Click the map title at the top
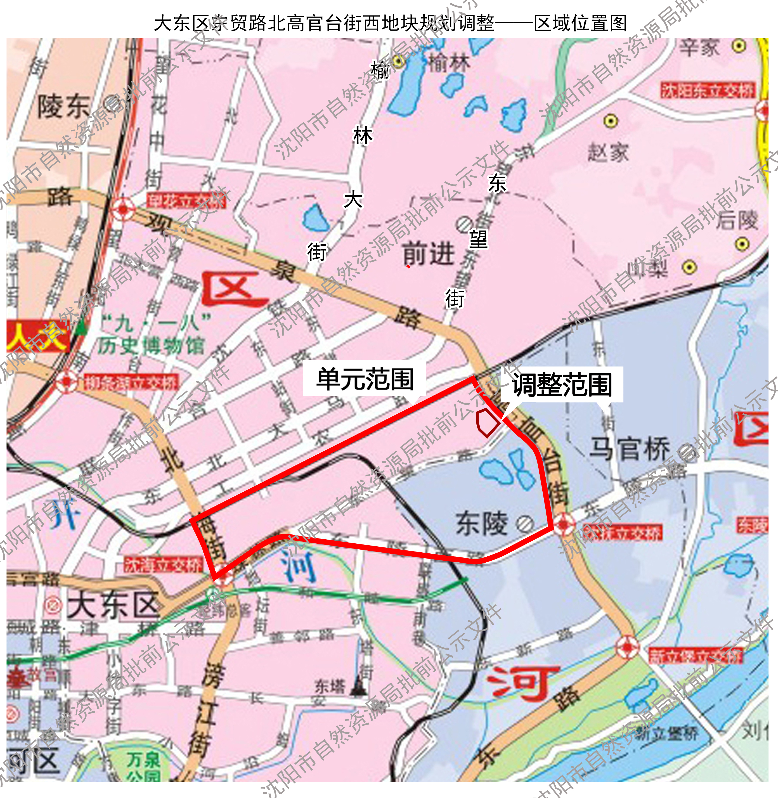390,23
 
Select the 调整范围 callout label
562,385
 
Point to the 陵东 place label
64,107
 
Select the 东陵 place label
482,524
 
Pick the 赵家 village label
608,153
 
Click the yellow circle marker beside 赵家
611,121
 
